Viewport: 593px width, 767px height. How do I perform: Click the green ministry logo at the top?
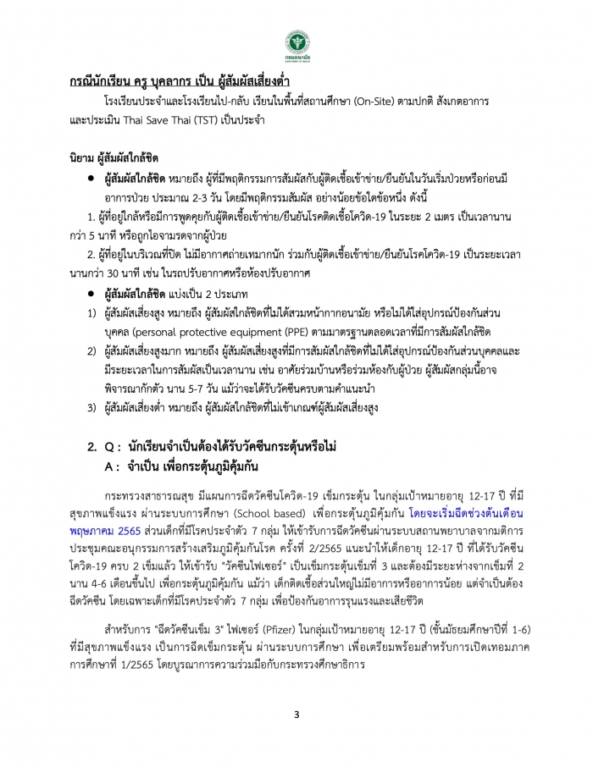tap(296, 43)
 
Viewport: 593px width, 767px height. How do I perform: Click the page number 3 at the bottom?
tap(296, 715)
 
